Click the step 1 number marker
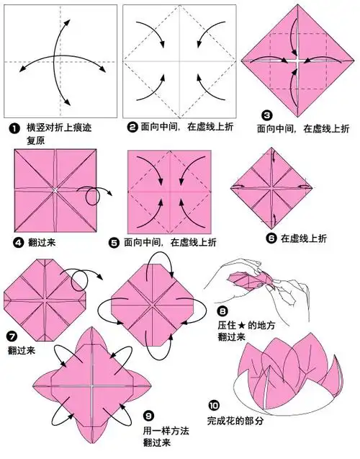click(13, 128)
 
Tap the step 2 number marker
click(132, 128)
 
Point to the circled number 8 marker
click(222, 311)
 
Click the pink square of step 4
click(54, 191)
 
